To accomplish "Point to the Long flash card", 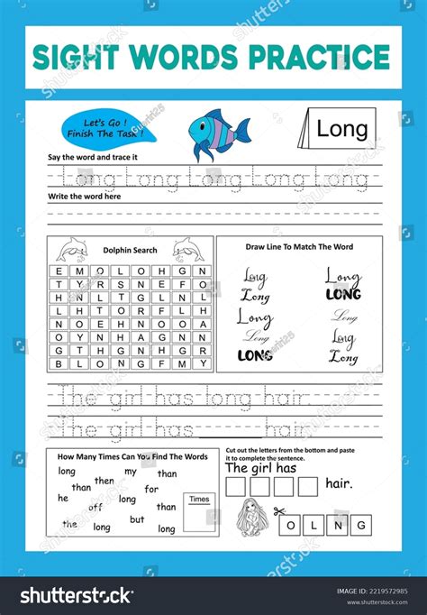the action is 340,128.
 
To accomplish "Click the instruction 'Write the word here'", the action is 86,196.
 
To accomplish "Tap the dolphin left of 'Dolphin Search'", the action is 71,248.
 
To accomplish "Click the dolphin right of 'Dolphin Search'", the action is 187,248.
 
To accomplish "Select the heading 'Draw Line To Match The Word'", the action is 299,246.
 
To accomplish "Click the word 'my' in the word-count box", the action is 131,472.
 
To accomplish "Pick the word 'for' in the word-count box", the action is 151,489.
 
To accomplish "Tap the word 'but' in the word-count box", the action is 137,519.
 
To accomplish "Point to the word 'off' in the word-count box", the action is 95,507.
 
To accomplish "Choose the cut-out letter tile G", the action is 360,524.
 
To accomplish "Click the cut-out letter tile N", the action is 337,524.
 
